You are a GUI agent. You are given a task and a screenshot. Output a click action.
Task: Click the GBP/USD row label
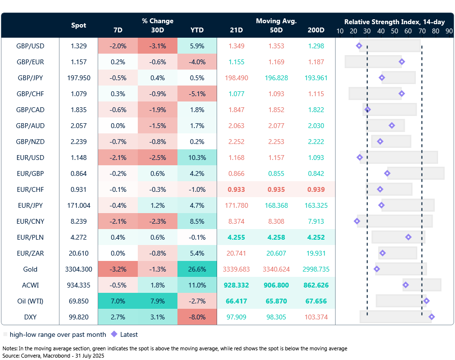coord(30,46)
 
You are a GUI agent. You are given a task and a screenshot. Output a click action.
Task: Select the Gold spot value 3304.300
coord(78,269)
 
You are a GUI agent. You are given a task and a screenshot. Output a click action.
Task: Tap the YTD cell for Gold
coord(197,269)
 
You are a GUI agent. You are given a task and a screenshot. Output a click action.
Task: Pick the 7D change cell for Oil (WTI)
coord(117,301)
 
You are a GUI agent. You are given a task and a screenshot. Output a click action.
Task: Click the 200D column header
coord(316,30)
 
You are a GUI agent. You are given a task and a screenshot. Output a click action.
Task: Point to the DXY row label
coord(30,317)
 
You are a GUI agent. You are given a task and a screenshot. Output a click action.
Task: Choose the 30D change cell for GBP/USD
coord(157,46)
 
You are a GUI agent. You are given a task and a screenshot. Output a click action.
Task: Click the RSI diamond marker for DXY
coord(431,317)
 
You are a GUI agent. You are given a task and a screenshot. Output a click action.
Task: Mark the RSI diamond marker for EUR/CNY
coord(357,221)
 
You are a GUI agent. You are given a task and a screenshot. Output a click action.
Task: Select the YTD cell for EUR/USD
coord(197,158)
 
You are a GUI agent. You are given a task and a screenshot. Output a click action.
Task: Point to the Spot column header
coord(78,25)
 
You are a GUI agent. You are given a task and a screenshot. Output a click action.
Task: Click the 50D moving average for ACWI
coord(276,285)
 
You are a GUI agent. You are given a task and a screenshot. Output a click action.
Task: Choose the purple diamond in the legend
coord(114,334)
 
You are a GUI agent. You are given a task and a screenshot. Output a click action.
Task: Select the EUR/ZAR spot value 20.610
coord(78,253)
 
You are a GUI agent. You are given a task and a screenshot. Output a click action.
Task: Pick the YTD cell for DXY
coord(197,317)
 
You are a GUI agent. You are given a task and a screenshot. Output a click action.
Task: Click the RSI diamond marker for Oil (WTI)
coord(426,301)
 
